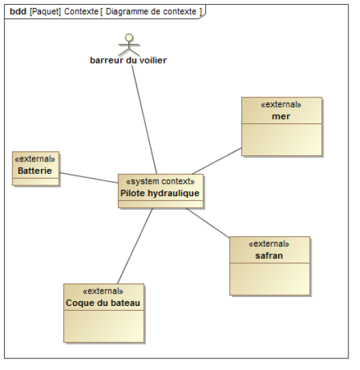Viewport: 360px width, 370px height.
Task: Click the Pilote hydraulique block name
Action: point(160,194)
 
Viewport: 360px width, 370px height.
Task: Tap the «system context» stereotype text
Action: point(160,181)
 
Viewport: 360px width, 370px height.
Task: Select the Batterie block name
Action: point(35,170)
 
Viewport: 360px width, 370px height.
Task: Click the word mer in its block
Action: point(281,117)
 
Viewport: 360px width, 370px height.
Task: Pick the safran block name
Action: point(269,256)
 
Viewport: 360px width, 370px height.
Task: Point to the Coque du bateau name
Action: point(103,303)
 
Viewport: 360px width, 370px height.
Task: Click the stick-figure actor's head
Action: point(129,37)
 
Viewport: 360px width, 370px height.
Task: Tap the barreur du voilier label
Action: point(128,61)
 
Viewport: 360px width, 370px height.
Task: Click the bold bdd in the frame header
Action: point(18,12)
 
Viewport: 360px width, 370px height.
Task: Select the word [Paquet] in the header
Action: point(45,12)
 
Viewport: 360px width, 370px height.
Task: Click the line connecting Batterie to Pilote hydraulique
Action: point(89,178)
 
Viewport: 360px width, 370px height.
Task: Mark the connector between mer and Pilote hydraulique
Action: point(217,161)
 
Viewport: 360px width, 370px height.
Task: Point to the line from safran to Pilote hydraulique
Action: point(207,223)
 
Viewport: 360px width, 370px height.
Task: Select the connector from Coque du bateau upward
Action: point(135,245)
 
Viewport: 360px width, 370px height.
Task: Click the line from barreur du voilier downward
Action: point(145,119)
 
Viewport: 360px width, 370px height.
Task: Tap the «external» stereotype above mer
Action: point(281,104)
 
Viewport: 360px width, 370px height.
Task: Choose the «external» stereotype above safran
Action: point(269,244)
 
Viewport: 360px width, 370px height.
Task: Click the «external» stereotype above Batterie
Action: point(35,159)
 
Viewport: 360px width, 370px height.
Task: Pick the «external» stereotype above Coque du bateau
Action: point(103,291)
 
